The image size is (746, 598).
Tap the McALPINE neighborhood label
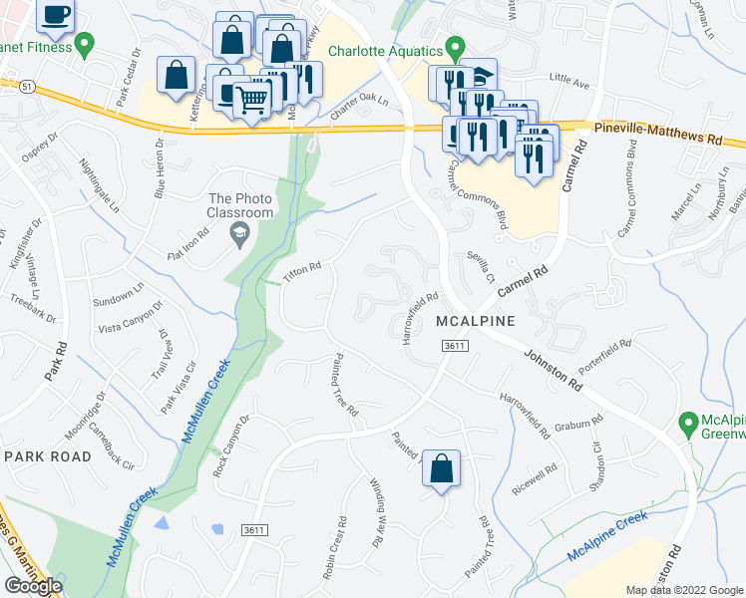(475, 321)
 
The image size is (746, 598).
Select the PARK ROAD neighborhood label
(48, 455)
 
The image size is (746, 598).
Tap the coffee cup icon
(55, 13)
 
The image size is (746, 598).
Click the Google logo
(32, 586)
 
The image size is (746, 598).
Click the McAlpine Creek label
(606, 535)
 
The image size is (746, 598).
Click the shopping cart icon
(252, 98)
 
